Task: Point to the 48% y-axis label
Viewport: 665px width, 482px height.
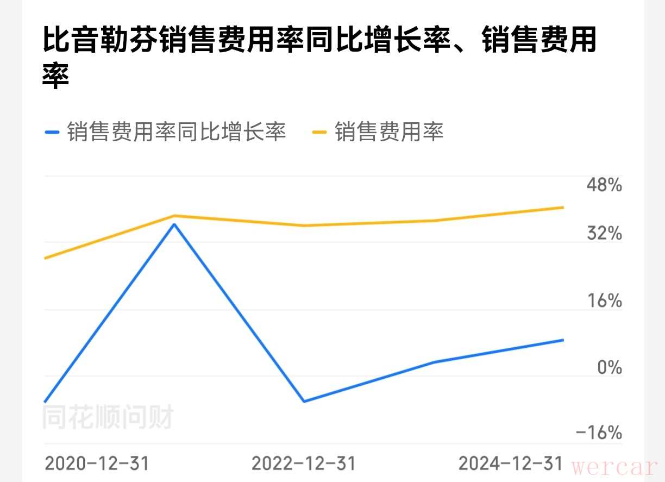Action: [x=604, y=185]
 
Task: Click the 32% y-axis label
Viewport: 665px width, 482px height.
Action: [x=604, y=234]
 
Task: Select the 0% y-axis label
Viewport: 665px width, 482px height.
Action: [x=609, y=367]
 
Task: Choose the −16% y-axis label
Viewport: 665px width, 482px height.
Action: [x=599, y=433]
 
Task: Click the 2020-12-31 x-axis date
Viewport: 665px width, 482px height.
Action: [x=97, y=464]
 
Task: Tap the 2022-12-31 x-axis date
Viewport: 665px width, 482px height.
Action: [x=304, y=464]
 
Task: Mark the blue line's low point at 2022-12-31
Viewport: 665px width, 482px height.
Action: [x=304, y=402]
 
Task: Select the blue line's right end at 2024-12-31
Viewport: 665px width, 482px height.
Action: [x=563, y=340]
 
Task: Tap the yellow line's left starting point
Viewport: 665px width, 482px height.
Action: [x=45, y=258]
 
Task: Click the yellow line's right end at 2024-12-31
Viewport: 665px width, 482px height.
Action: [x=563, y=207]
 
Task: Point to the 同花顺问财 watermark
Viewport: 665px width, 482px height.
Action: [x=108, y=418]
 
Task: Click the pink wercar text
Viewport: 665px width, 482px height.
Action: [x=614, y=467]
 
